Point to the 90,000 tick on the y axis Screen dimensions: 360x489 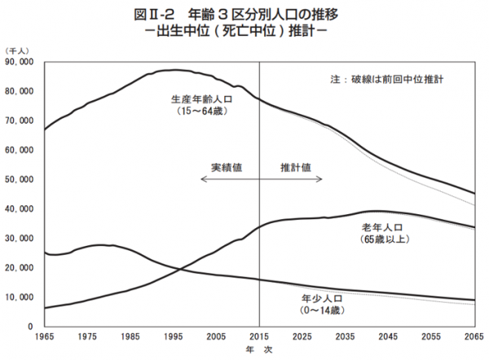click(19, 61)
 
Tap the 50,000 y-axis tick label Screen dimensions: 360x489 click(19, 179)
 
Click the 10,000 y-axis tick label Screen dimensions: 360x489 click(19, 297)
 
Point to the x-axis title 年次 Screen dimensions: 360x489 click(258, 351)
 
